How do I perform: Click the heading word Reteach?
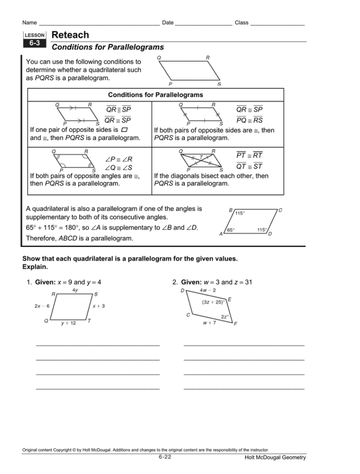click(70, 35)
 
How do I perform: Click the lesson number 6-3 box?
click(34, 43)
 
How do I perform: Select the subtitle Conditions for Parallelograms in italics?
click(108, 47)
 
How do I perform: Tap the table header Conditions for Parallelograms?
click(155, 94)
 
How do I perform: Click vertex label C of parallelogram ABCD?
click(280, 210)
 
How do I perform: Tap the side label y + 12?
click(68, 323)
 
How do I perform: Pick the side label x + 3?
click(99, 306)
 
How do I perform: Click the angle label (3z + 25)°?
click(214, 302)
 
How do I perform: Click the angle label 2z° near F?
click(225, 317)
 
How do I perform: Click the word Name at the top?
click(30, 23)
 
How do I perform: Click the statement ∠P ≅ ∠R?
click(119, 159)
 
